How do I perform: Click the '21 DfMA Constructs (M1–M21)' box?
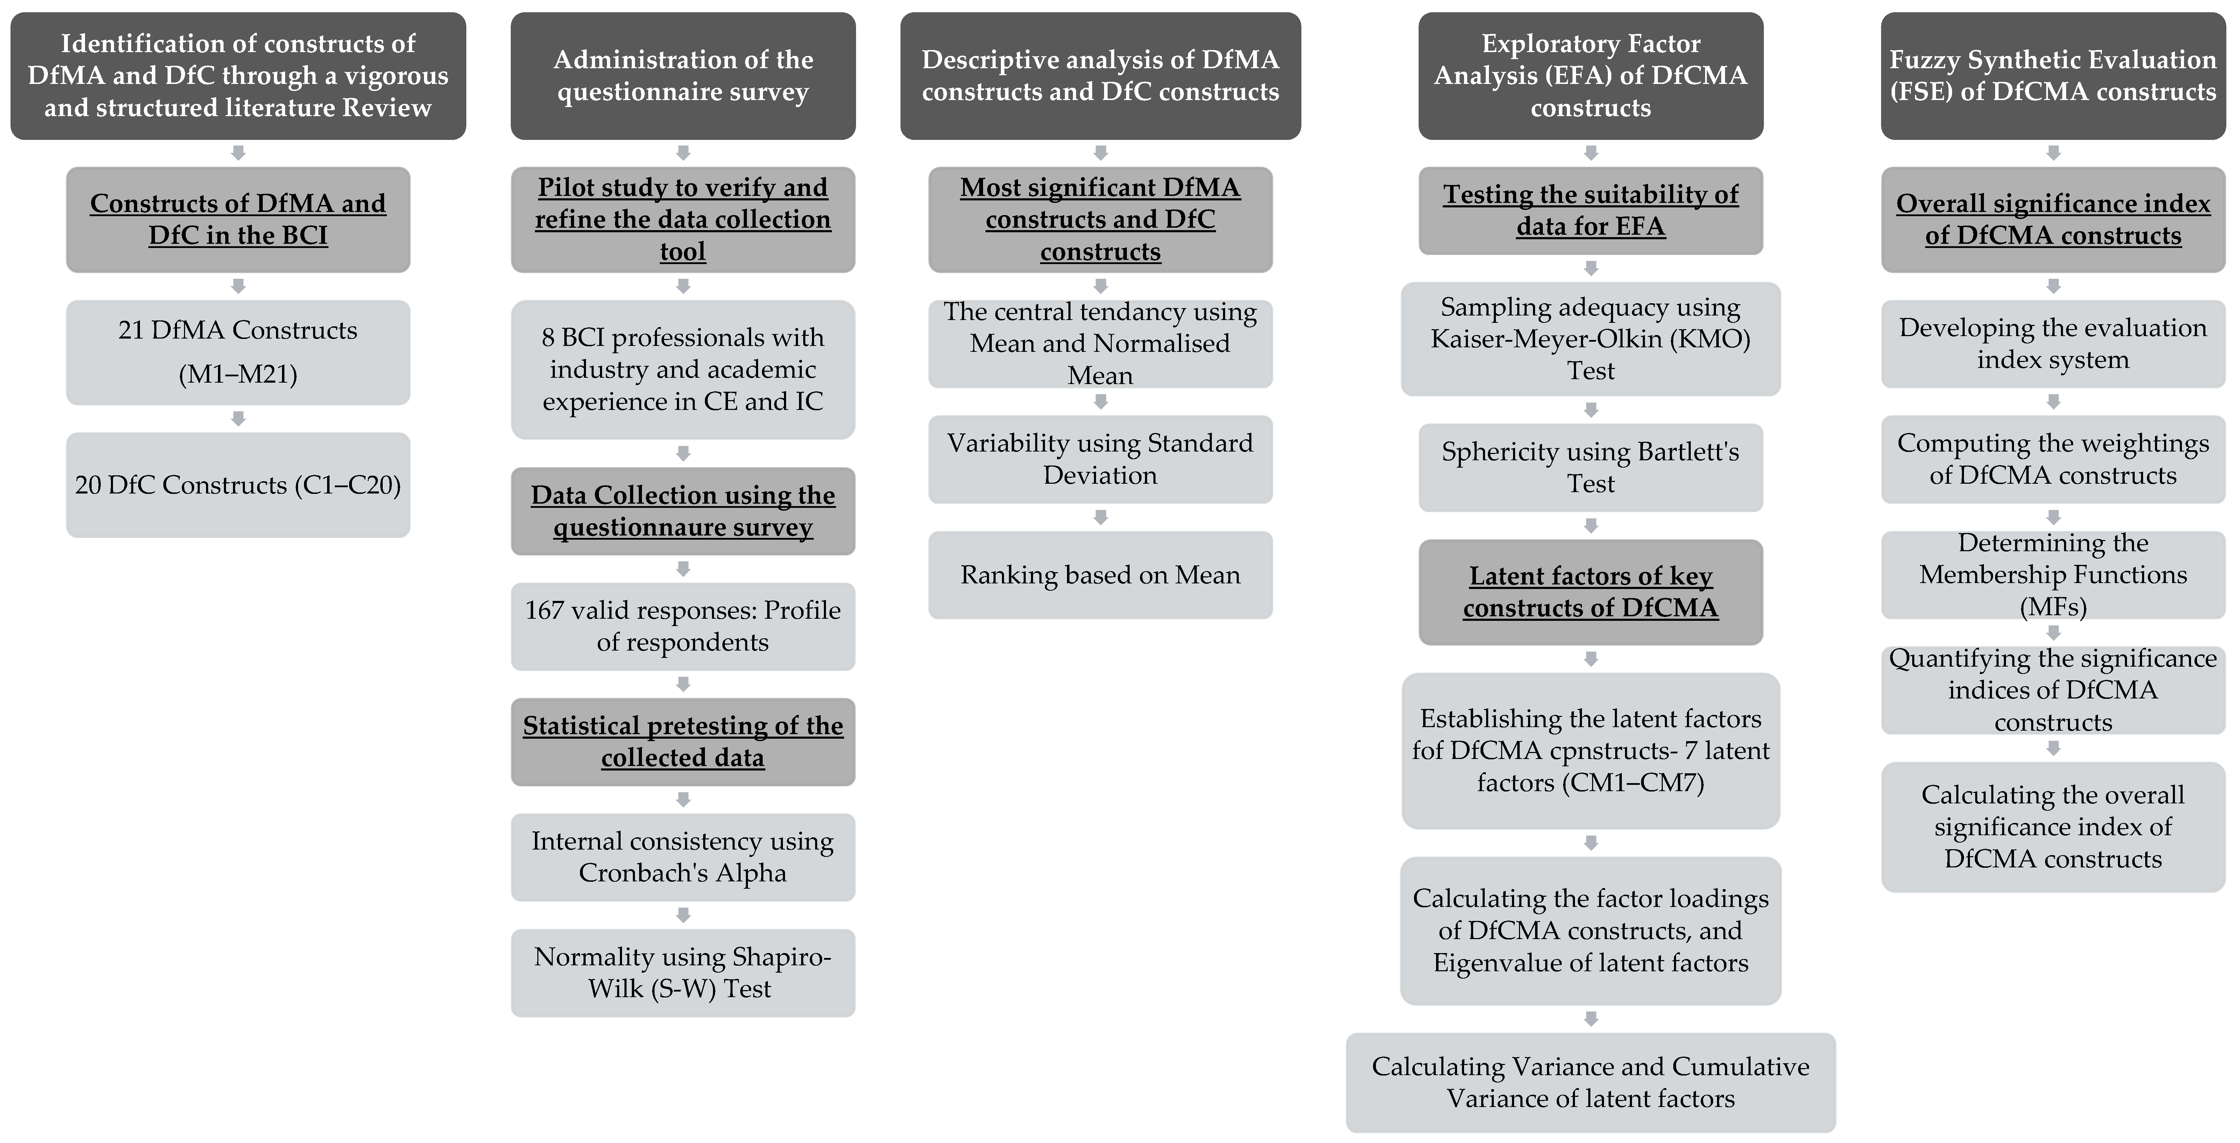(x=238, y=352)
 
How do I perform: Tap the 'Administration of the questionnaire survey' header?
(x=683, y=76)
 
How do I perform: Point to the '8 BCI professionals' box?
(x=683, y=369)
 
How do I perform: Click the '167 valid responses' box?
(x=683, y=626)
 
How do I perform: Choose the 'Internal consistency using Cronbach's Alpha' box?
(x=683, y=857)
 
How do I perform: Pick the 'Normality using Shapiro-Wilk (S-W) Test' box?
(x=683, y=973)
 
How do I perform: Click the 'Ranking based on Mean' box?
(x=1100, y=575)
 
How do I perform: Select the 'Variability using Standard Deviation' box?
(x=1100, y=459)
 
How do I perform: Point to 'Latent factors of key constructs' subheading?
(x=1590, y=592)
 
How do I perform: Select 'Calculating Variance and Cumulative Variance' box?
(x=1590, y=1082)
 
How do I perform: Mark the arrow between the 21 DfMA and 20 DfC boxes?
(x=238, y=419)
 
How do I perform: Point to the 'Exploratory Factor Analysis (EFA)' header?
(x=1590, y=76)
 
